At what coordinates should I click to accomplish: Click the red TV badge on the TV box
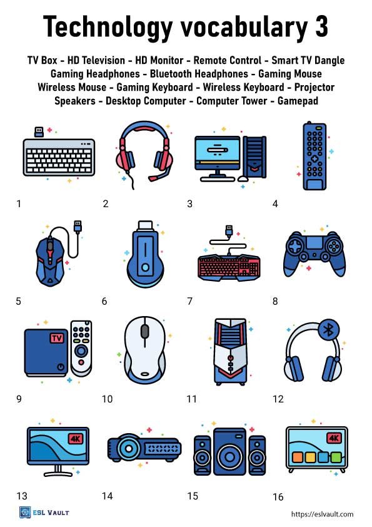click(x=56, y=339)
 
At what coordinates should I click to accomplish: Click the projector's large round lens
click(x=132, y=449)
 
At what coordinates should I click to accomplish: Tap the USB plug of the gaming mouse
click(x=78, y=225)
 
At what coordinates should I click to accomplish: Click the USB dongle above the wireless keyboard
click(x=38, y=131)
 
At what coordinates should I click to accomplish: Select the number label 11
click(x=191, y=399)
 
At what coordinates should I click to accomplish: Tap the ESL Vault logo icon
click(x=25, y=513)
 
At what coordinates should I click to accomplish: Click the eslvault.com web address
click(x=322, y=514)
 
